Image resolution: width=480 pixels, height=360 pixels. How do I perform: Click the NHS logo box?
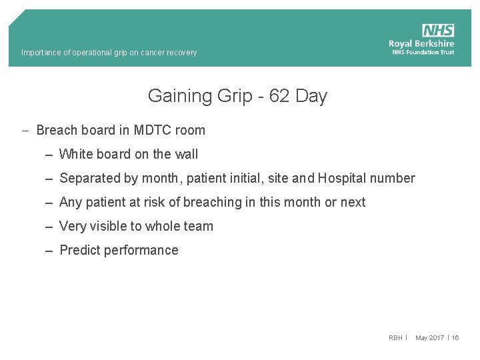point(438,31)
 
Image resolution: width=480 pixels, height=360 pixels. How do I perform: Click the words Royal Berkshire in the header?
point(421,43)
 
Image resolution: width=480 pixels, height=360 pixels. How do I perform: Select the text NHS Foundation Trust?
point(423,52)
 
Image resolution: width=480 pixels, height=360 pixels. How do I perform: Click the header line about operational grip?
point(109,53)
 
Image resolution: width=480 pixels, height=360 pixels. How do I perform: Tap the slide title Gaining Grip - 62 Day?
point(237,96)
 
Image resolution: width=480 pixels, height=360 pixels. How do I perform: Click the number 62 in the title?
point(280,96)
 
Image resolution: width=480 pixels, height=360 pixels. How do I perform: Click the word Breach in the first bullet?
point(56,130)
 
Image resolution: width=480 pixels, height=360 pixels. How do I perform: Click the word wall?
point(186,154)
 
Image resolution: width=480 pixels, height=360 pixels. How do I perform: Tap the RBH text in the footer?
point(395,338)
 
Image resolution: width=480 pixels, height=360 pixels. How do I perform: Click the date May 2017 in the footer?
point(429,338)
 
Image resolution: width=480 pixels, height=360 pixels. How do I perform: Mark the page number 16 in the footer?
point(455,338)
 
